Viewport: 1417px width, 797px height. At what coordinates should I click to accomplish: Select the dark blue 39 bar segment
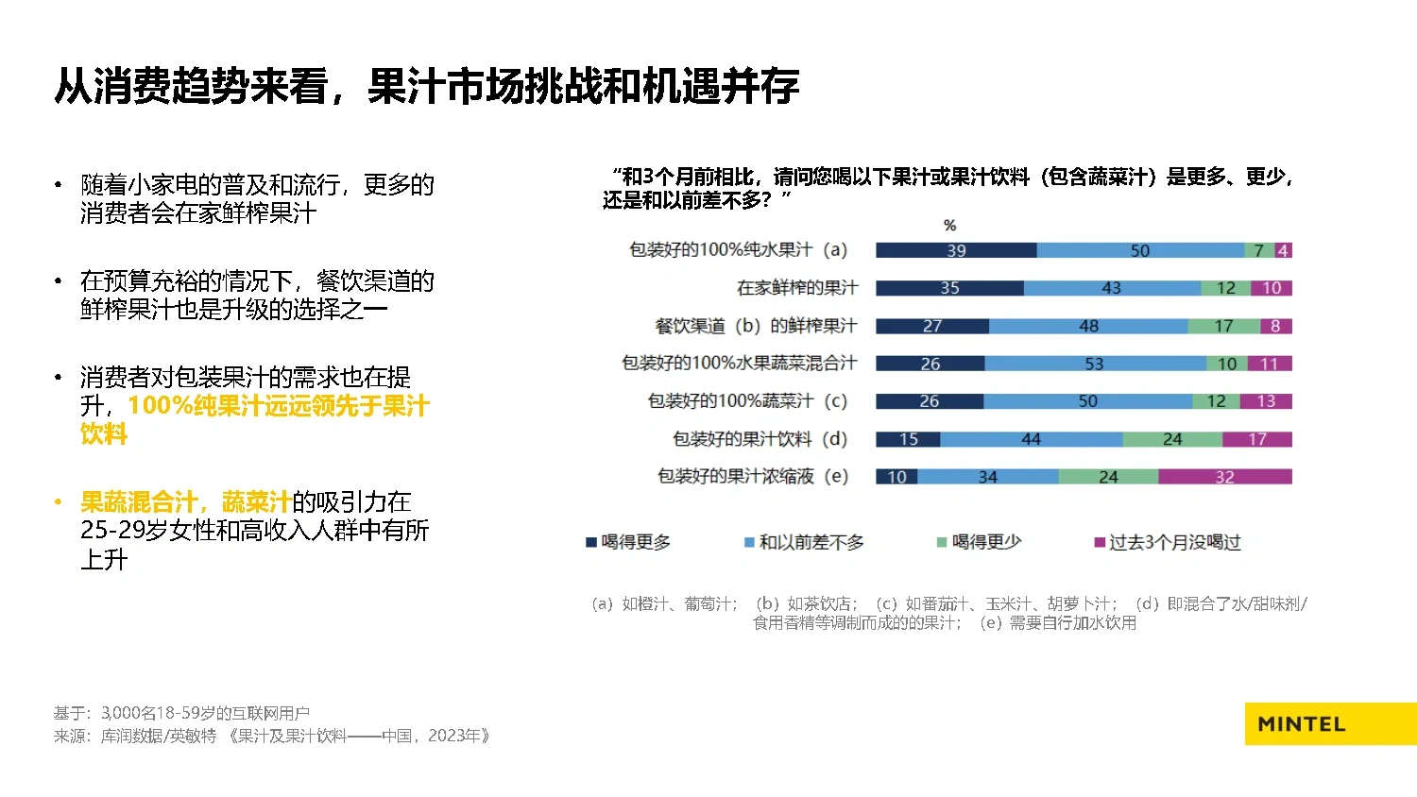click(x=956, y=250)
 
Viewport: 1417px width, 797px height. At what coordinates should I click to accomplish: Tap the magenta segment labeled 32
click(x=1224, y=477)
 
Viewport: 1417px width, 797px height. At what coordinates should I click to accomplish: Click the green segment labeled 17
click(x=1223, y=326)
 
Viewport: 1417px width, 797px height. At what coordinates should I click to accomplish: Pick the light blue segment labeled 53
click(x=1094, y=364)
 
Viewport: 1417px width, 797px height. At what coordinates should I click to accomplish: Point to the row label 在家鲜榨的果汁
click(x=797, y=288)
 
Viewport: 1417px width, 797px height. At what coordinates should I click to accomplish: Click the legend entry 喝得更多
click(x=628, y=542)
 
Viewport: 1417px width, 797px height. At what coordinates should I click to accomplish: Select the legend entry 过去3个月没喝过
click(x=1168, y=542)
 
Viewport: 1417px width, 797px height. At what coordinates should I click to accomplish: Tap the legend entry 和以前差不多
click(x=804, y=542)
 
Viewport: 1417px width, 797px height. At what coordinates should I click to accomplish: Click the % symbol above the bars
click(x=949, y=226)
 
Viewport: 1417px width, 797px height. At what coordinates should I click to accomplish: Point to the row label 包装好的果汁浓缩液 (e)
click(x=753, y=477)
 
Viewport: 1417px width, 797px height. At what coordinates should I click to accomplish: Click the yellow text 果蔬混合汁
click(x=139, y=502)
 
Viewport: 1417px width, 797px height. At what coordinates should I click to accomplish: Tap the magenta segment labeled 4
click(x=1283, y=250)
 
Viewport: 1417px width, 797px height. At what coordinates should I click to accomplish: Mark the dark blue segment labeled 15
click(x=908, y=439)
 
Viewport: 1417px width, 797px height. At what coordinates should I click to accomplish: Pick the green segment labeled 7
click(x=1258, y=250)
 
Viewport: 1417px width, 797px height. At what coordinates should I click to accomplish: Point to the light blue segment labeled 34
click(x=987, y=477)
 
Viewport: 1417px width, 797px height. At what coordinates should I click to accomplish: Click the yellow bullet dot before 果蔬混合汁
click(x=59, y=502)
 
